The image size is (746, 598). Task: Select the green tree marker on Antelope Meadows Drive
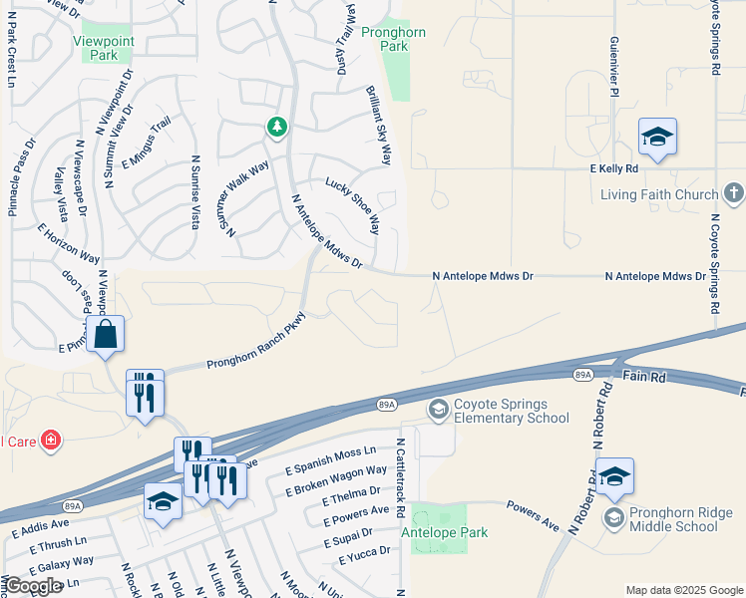pyautogui.click(x=277, y=127)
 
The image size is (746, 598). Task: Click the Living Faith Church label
pyautogui.click(x=659, y=194)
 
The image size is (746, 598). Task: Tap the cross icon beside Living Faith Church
pyautogui.click(x=733, y=192)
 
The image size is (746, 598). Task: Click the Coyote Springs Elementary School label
pyautogui.click(x=511, y=411)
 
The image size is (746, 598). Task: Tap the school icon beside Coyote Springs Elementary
pyautogui.click(x=437, y=410)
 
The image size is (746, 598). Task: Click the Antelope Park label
pyautogui.click(x=444, y=533)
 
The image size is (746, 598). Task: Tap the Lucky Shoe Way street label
pyautogui.click(x=353, y=206)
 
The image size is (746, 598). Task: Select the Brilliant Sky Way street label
pyautogui.click(x=381, y=124)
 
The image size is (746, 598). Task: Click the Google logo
pyautogui.click(x=32, y=587)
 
